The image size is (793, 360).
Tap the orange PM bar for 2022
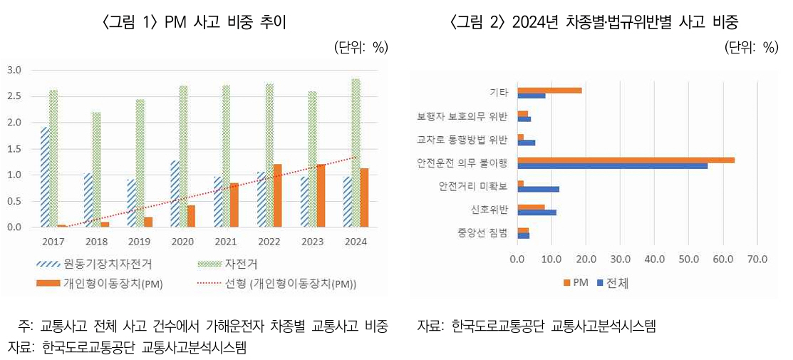click(277, 196)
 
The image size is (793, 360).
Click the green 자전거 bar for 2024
click(356, 153)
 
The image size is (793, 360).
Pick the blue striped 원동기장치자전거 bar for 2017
click(44, 178)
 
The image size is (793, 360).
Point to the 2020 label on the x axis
click(182, 242)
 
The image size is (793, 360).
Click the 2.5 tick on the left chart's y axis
click(14, 96)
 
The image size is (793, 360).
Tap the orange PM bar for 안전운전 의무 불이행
click(626, 160)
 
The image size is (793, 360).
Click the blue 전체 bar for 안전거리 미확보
click(538, 189)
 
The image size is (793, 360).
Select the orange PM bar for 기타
click(549, 90)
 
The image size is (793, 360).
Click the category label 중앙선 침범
click(483, 232)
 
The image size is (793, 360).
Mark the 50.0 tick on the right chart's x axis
click(688, 259)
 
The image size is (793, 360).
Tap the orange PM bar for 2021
click(234, 205)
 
